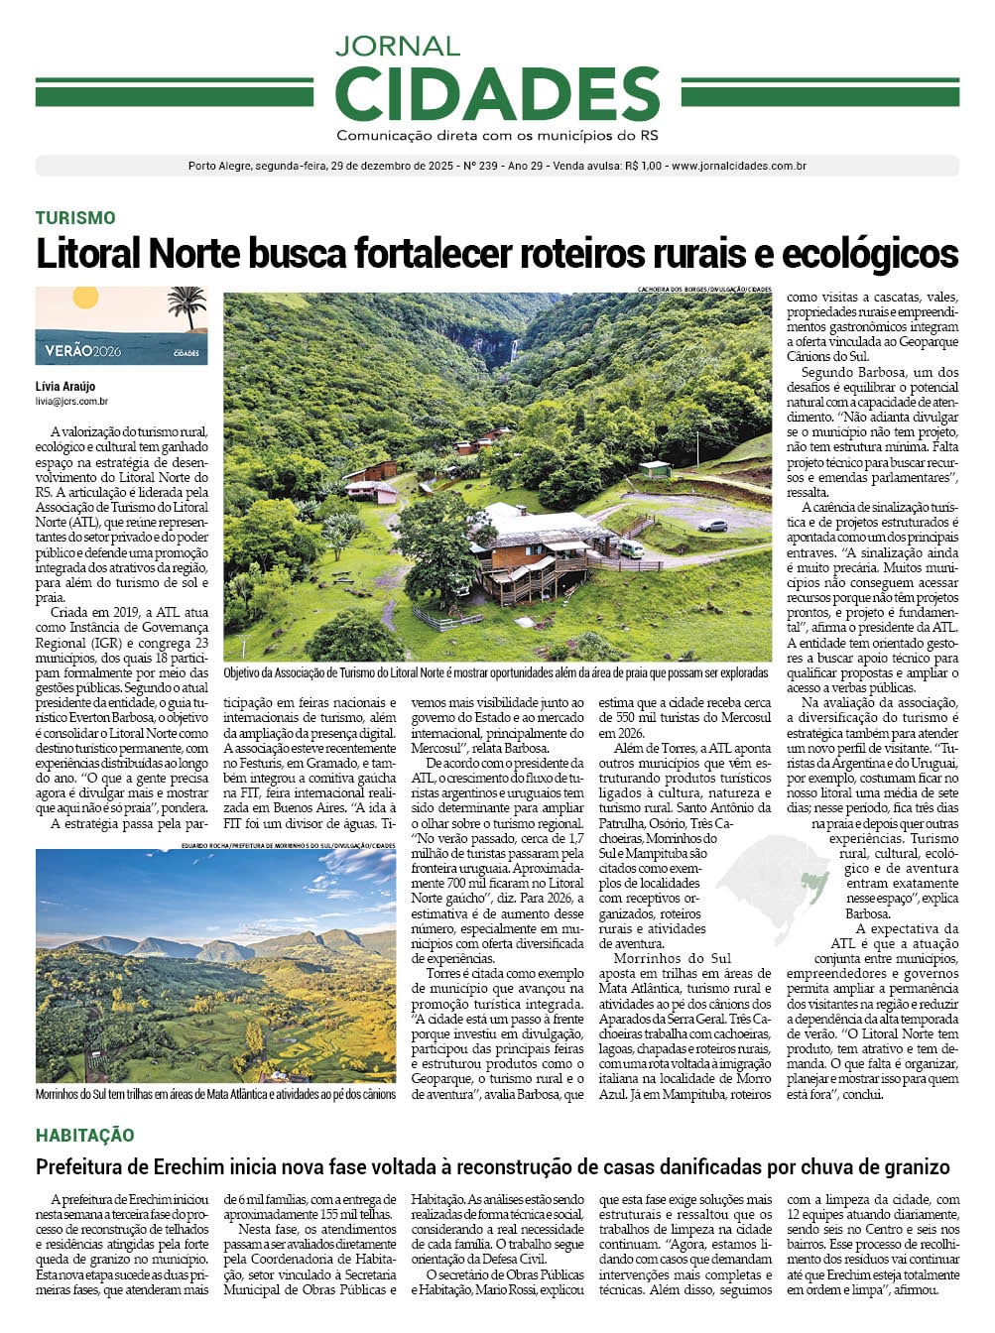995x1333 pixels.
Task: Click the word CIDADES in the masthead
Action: pyautogui.click(x=497, y=94)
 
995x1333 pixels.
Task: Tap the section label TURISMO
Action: pyautogui.click(x=75, y=218)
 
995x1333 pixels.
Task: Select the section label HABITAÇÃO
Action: pyautogui.click(x=85, y=1136)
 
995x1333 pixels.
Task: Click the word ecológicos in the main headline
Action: pyautogui.click(x=870, y=254)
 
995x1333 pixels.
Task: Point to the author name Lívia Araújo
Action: pyautogui.click(x=65, y=387)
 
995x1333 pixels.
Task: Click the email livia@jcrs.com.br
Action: pyautogui.click(x=71, y=402)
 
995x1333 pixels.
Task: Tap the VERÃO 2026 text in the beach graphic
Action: pyautogui.click(x=83, y=350)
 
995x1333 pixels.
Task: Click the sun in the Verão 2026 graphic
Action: pyautogui.click(x=85, y=297)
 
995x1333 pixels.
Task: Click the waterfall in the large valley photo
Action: pyautogui.click(x=513, y=350)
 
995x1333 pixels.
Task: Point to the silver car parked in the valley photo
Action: pyautogui.click(x=712, y=526)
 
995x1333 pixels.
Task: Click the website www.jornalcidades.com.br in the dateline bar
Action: pyautogui.click(x=738, y=166)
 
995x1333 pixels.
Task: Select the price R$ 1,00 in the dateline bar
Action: pyautogui.click(x=643, y=166)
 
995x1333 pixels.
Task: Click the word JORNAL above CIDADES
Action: pyautogui.click(x=397, y=46)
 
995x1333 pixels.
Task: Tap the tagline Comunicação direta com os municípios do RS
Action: pyautogui.click(x=497, y=136)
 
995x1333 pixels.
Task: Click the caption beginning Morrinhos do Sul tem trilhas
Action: pyautogui.click(x=215, y=1094)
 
